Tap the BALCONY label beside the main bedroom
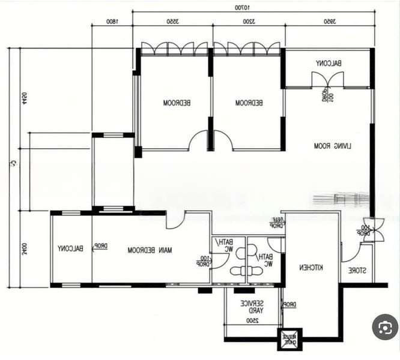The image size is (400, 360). click(x=70, y=248)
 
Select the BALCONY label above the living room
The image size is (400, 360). click(x=329, y=63)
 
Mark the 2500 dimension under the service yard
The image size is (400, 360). click(x=252, y=321)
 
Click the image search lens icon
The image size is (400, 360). click(x=384, y=327)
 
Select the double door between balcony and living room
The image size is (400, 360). click(x=327, y=80)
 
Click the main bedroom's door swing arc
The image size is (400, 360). click(x=175, y=221)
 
